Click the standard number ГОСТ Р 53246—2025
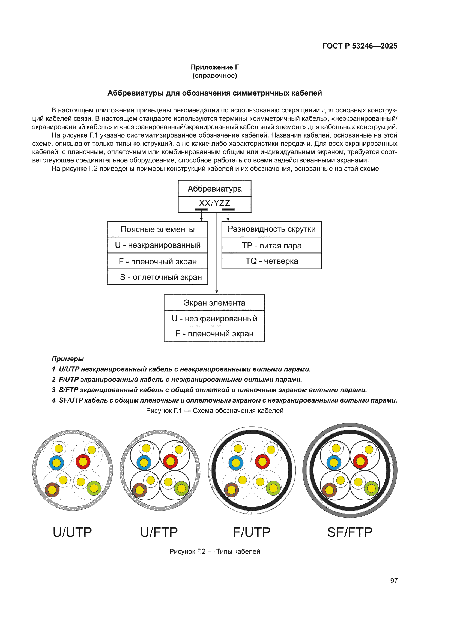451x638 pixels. pos(360,46)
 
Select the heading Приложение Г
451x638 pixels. pos(214,67)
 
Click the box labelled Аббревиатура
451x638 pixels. pos(214,189)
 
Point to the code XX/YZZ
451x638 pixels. pos(214,203)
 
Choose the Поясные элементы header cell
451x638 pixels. pos(158,229)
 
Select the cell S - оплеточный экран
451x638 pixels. pos(158,277)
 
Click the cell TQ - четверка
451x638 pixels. pos(272,261)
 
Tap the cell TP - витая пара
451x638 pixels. pos(272,245)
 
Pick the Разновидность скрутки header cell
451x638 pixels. pos(272,229)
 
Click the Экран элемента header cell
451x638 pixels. pos(214,303)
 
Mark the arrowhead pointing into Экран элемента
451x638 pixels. pos(217,292)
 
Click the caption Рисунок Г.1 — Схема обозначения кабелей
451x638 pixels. pos(214,410)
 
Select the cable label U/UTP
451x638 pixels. pos(72,532)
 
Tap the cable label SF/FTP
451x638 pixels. pos(350,532)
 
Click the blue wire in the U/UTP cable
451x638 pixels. pos(56,463)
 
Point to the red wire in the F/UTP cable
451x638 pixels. pos(262,462)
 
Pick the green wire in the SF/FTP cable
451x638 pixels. pos(371,489)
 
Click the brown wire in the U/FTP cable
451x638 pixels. pos(139,490)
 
